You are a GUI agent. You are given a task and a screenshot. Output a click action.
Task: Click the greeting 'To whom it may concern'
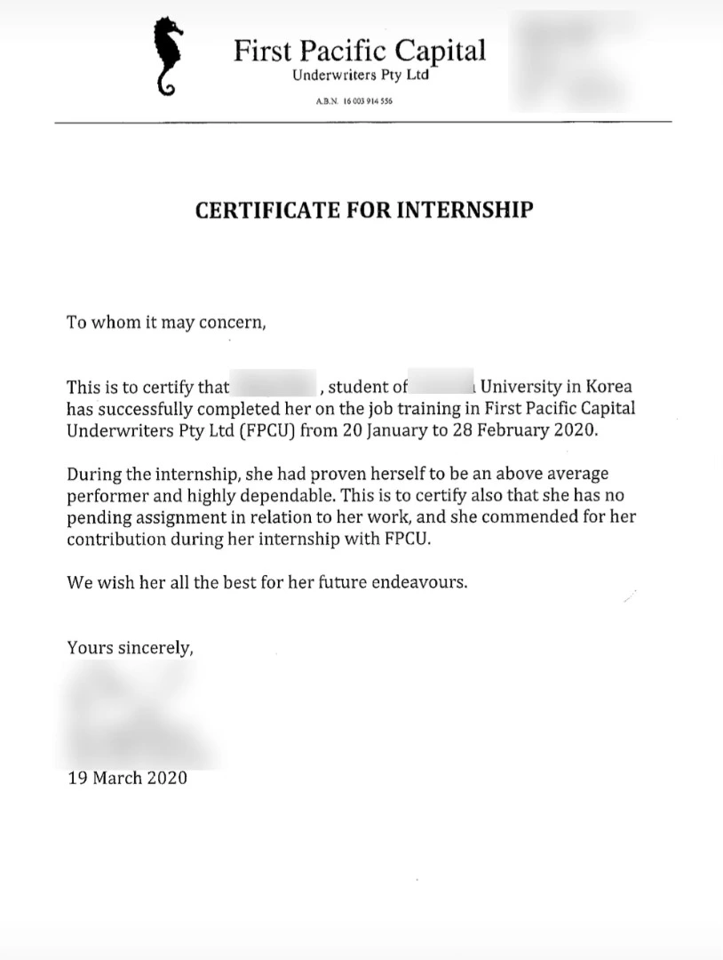pos(166,322)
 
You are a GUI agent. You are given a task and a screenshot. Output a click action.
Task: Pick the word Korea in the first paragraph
pos(609,388)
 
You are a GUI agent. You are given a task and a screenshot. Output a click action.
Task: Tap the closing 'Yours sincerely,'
pos(131,648)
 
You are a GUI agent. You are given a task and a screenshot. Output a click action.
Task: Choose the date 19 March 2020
pos(127,778)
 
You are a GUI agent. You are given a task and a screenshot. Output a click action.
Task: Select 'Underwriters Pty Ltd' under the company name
pos(360,76)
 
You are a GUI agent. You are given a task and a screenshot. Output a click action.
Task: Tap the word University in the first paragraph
pos(521,388)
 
